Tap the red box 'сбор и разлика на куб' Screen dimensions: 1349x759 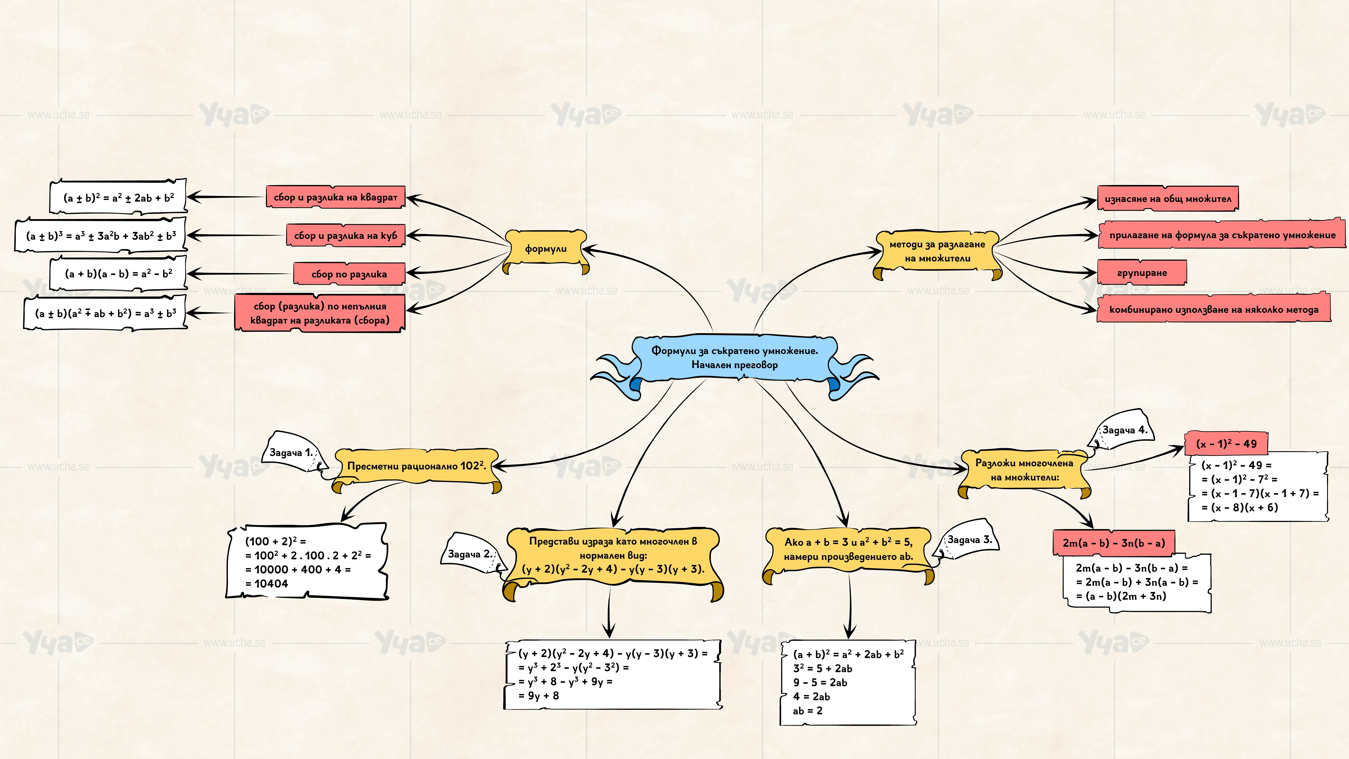(346, 235)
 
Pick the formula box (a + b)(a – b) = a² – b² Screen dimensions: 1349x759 (118, 273)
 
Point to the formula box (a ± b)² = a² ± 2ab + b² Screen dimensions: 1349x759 (118, 197)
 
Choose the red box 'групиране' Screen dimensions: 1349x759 (1142, 272)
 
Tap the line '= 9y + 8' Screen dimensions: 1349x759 (538, 696)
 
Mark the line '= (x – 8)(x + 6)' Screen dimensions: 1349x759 (1240, 507)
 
